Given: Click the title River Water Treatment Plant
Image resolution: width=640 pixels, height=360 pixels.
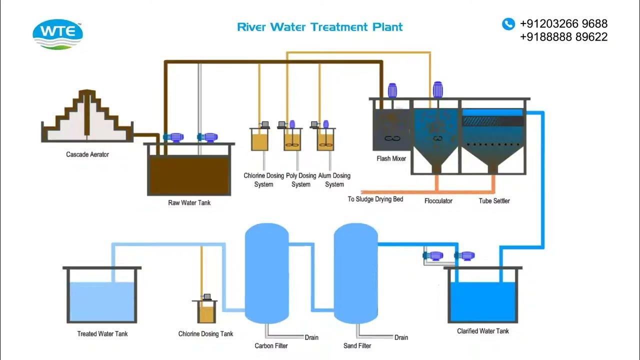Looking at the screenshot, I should click(320, 27).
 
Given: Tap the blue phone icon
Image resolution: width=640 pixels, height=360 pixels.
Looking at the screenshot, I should click(508, 23).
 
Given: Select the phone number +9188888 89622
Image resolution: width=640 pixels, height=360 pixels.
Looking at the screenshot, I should click(563, 36).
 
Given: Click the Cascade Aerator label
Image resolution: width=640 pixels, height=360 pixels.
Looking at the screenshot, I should click(87, 154).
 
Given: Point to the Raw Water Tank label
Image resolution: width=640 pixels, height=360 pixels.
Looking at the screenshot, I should click(189, 203).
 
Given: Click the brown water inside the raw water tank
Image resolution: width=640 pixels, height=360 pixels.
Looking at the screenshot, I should click(189, 175).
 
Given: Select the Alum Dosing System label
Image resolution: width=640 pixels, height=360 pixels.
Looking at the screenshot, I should click(334, 180).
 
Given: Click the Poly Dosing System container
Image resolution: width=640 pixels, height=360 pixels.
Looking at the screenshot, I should click(293, 140).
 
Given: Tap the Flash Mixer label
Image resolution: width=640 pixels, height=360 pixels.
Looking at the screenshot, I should click(391, 159).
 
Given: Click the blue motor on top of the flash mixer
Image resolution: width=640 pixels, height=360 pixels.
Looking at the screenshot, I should click(391, 90).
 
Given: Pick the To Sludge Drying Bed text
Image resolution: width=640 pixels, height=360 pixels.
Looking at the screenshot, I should click(375, 199).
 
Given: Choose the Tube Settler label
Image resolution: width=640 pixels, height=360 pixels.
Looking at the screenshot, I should click(494, 201).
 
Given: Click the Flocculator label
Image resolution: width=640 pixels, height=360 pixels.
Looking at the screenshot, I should click(438, 201).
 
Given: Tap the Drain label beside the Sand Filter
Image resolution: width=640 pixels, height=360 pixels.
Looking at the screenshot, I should click(401, 337).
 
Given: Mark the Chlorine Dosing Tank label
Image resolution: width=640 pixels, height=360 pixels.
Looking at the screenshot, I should click(205, 334).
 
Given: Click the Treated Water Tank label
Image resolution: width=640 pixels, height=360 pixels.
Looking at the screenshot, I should click(102, 334).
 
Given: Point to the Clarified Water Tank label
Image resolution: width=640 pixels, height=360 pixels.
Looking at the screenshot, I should click(483, 331).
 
